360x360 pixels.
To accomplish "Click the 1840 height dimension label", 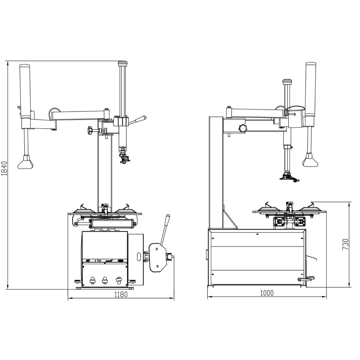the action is tap(4, 168).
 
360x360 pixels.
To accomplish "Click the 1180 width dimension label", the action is tap(121, 295).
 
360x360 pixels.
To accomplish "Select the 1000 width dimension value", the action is tap(267, 293).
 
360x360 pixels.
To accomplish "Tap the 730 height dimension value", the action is tap(345, 244).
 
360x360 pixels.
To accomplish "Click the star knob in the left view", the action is tap(91, 130).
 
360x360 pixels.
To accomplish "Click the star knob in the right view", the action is tap(243, 128).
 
